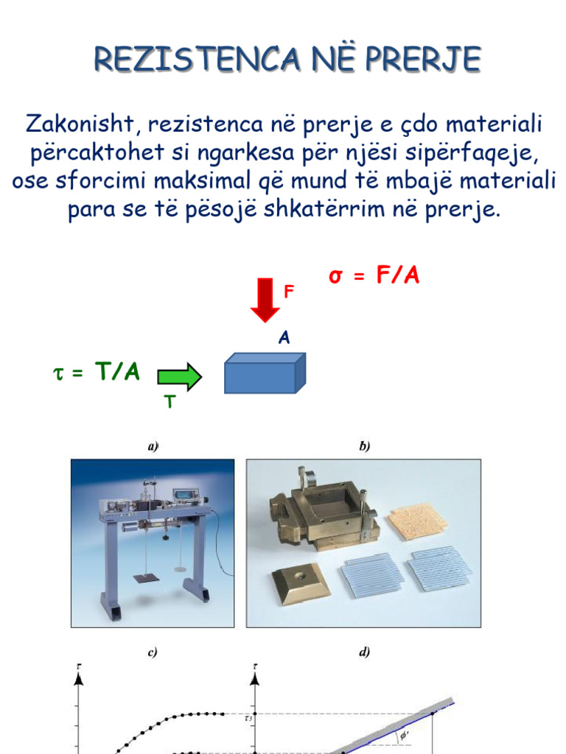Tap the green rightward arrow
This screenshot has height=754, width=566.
(179, 377)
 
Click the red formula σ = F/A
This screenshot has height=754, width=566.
(374, 277)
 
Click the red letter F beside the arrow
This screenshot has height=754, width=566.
(289, 292)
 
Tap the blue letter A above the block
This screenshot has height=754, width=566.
(284, 338)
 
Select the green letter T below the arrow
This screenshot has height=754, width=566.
(169, 402)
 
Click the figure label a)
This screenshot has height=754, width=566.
(153, 446)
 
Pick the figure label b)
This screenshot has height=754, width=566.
(363, 446)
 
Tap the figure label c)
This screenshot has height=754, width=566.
(153, 652)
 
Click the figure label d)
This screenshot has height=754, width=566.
(363, 652)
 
